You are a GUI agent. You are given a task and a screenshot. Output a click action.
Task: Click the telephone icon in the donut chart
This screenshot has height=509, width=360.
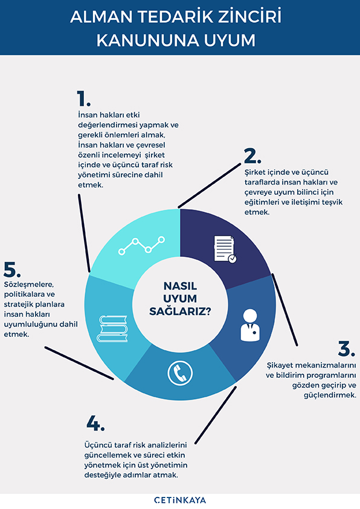(x=180, y=373)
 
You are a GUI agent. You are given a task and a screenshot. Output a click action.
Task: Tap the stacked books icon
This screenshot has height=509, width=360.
(x=112, y=328)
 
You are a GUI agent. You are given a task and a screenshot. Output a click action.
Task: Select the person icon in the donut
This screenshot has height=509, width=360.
(x=250, y=325)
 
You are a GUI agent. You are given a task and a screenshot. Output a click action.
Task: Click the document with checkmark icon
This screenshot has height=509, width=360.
(x=225, y=249)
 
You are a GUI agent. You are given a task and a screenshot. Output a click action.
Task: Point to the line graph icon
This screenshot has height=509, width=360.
(x=141, y=245)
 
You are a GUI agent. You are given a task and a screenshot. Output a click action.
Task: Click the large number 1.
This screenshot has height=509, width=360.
(x=83, y=99)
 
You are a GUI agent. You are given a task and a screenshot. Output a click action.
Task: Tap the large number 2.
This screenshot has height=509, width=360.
(x=252, y=156)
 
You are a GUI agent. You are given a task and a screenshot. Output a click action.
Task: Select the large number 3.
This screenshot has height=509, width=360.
(x=346, y=348)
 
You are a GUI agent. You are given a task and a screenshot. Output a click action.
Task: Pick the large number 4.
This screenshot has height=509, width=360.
(x=95, y=423)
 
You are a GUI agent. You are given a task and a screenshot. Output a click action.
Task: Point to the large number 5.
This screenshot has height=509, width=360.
(x=12, y=270)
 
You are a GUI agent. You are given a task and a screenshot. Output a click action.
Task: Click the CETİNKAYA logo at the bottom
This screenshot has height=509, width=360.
(x=180, y=500)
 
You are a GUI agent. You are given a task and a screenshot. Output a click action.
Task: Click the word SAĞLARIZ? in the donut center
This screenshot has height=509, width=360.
(x=180, y=311)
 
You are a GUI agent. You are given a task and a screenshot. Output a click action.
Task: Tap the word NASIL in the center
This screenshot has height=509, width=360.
(x=180, y=286)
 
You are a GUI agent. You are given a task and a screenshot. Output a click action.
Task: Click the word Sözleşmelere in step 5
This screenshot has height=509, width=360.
(x=29, y=284)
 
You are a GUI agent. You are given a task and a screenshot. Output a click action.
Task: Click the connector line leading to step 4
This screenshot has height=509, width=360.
(x=216, y=415)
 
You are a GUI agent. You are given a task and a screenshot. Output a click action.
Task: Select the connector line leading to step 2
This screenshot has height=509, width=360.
(x=210, y=186)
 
